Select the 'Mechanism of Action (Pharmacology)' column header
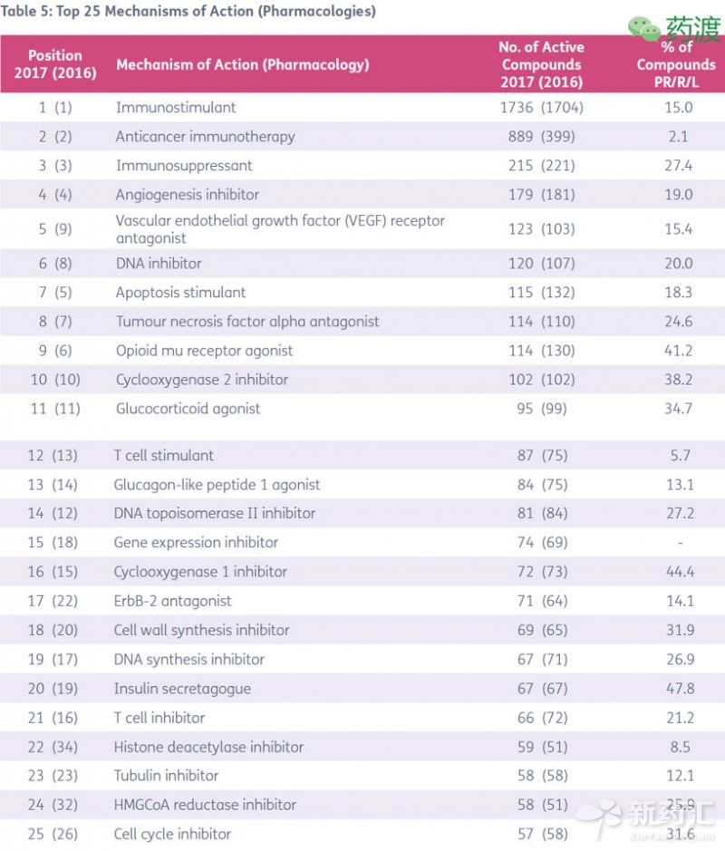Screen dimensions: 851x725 [242, 64]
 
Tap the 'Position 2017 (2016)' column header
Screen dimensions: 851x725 [55, 64]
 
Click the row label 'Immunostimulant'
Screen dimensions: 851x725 [176, 107]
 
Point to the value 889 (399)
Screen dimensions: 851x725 [541, 137]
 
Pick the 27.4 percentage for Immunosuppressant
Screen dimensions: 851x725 [678, 166]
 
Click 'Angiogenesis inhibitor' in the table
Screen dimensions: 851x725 [188, 195]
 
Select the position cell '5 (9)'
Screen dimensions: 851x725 [55, 229]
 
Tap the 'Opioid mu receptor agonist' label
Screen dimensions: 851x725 [205, 351]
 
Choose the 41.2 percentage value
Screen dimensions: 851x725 [678, 351]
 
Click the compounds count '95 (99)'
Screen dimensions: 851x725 [541, 409]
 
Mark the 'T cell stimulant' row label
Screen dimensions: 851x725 [165, 455]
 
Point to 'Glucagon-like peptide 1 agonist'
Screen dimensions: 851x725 [217, 485]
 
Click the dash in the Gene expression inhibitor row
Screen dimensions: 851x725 [679, 543]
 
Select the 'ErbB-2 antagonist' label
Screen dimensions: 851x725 [173, 601]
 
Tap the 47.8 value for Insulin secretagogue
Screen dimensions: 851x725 [678, 689]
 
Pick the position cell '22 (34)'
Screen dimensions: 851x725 [53, 747]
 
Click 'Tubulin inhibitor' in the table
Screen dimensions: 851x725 [167, 776]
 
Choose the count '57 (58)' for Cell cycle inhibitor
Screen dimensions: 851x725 [541, 834]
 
